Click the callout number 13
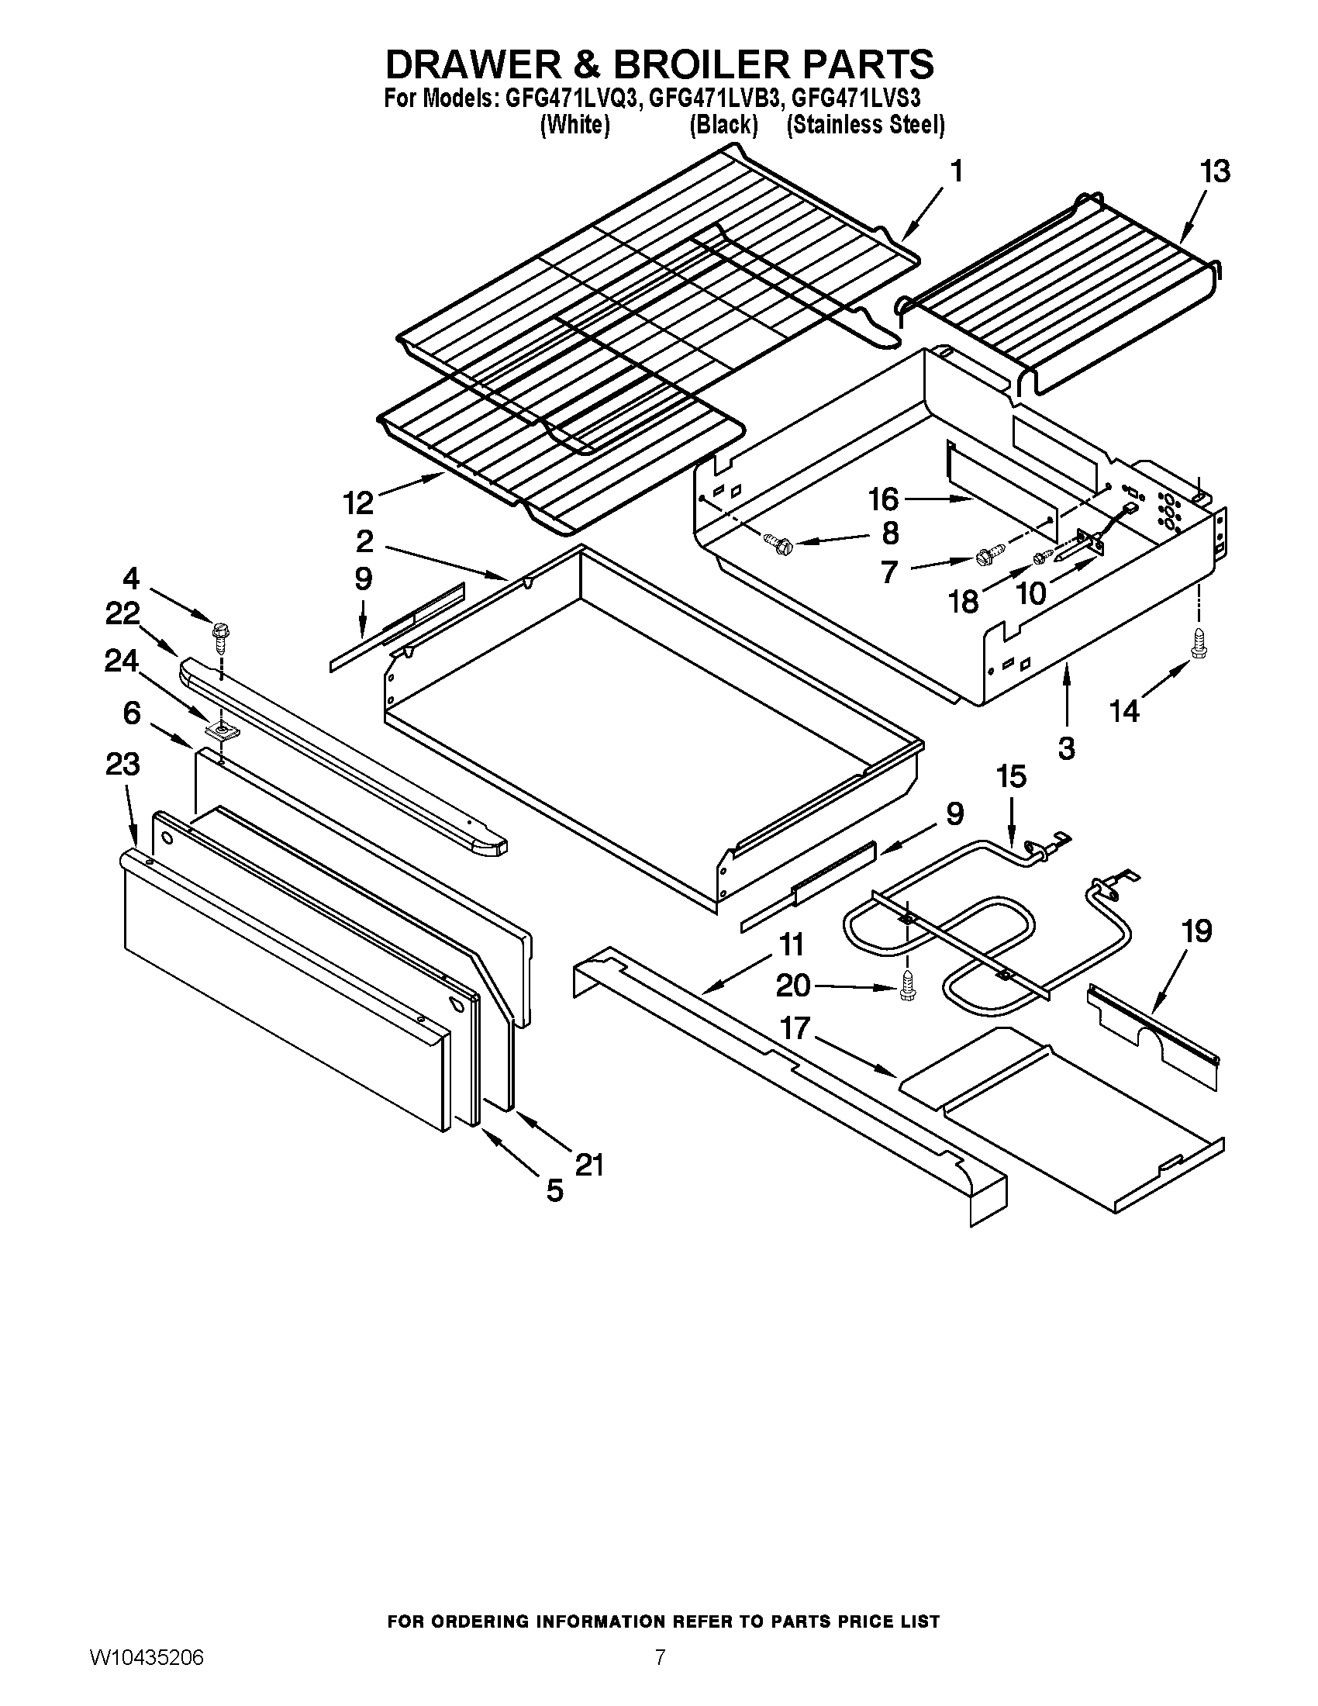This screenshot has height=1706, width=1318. [x=1216, y=171]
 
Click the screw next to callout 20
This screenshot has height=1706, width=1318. [x=906, y=986]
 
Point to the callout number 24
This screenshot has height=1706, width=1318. [x=122, y=661]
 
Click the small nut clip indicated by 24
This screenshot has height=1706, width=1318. [x=222, y=731]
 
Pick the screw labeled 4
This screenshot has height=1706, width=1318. [x=220, y=633]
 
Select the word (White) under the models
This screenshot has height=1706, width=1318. [x=574, y=125]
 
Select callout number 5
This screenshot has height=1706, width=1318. [x=554, y=1190]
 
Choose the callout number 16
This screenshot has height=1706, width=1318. [x=884, y=499]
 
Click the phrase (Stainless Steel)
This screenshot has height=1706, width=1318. [x=865, y=125]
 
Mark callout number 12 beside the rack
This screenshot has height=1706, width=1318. [x=359, y=503]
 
